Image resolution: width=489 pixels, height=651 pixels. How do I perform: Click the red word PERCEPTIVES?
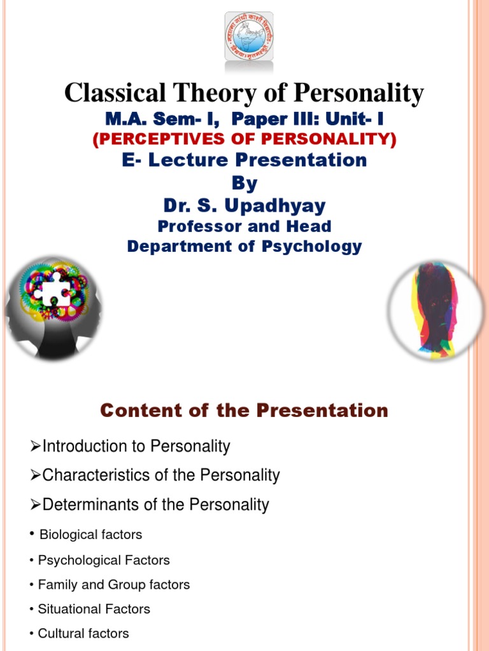164,139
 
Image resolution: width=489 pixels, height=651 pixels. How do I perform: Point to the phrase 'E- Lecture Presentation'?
244,160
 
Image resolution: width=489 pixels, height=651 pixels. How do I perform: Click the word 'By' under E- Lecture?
244,183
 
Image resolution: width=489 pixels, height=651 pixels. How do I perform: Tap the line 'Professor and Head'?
244,226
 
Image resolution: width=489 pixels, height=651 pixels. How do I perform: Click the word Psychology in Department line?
312,246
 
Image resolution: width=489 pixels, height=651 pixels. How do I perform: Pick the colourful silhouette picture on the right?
437,310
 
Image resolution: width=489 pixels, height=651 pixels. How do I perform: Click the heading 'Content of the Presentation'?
244,411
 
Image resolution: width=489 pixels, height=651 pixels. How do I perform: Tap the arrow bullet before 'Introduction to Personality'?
36,447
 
